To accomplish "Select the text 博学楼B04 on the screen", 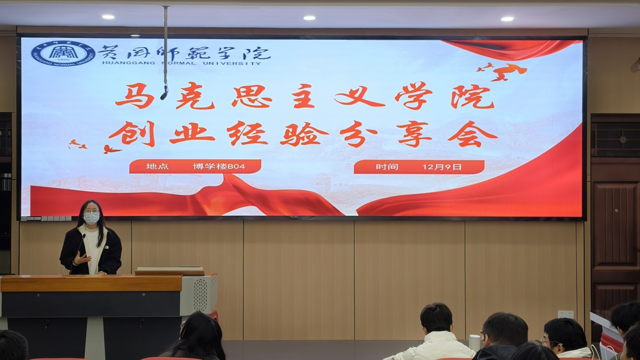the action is click(x=219, y=166).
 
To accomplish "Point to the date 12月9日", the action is click(x=442, y=167).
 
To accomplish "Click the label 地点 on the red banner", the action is click(x=157, y=166).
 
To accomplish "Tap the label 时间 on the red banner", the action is click(x=387, y=167).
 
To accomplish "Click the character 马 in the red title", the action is click(x=134, y=96).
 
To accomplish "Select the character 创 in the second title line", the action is click(x=132, y=134).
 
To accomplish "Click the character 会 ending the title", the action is click(x=473, y=134).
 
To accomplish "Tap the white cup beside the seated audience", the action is click(x=475, y=343).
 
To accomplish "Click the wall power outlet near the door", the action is click(x=566, y=314).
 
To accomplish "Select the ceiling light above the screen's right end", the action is click(x=507, y=19).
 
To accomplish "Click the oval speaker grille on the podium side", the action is click(x=200, y=295).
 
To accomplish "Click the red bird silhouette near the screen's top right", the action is click(x=508, y=72).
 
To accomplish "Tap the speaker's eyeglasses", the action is click(x=92, y=212).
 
